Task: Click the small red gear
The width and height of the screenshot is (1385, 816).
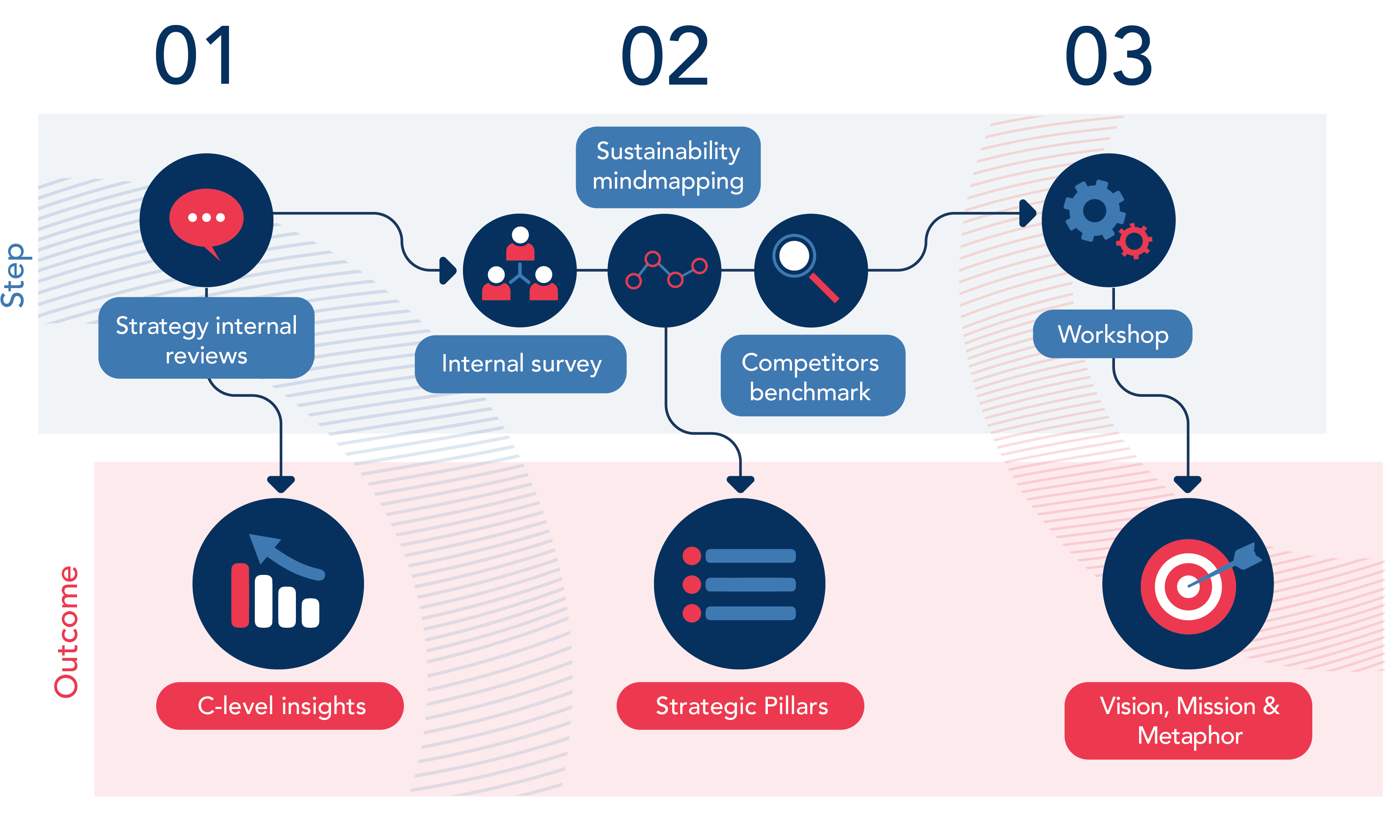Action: click(1134, 241)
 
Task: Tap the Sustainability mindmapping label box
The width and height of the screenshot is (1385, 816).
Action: click(668, 167)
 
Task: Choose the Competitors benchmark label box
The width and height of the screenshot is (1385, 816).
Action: click(812, 376)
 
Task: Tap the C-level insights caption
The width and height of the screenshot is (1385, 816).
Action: click(281, 706)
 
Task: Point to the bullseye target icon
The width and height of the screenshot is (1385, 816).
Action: click(1188, 586)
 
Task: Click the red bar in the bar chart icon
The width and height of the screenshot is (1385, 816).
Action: click(240, 595)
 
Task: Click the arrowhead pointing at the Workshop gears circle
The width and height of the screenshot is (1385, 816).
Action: click(1026, 213)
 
